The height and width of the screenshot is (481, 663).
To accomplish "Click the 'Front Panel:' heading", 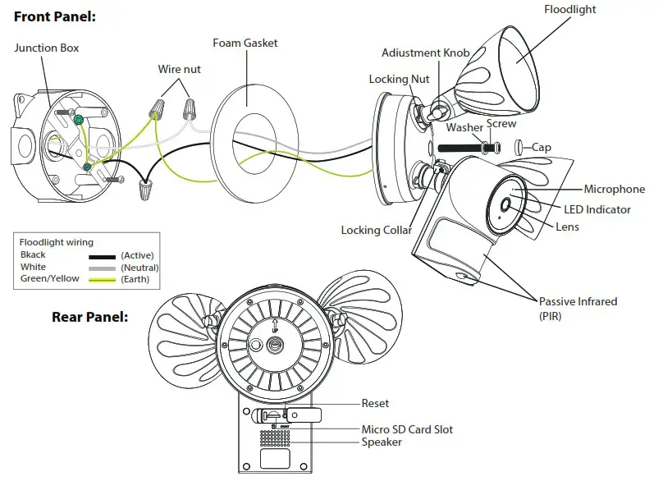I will point(54,16).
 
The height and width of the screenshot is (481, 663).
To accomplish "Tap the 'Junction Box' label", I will point(47,48).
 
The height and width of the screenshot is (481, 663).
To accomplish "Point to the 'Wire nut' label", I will point(180,70).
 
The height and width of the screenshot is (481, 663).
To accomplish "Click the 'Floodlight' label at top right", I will point(570,10).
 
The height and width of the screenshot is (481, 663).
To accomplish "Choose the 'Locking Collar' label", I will point(377,231).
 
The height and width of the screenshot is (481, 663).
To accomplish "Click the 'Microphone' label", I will point(614,190).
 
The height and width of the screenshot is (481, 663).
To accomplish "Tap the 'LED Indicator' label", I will point(597,209).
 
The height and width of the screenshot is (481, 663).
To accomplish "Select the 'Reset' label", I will point(375,404).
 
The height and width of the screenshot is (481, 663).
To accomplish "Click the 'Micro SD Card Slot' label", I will point(407,429).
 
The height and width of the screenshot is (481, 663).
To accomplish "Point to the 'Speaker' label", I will point(382,442).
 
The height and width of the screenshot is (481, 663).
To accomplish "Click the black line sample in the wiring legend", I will point(103,256).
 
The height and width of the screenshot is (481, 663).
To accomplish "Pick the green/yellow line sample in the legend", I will point(103,279).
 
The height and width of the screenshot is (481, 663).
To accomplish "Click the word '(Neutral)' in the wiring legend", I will point(139,268).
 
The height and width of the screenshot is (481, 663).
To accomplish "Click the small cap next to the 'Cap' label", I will point(519,148).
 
